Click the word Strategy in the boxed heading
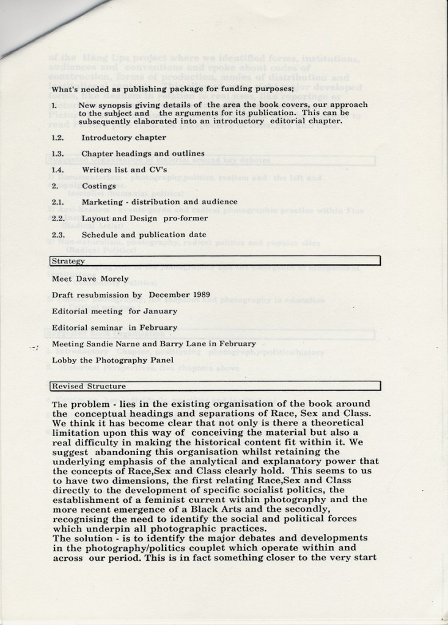pyautogui.click(x=67, y=261)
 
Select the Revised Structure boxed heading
pyautogui.click(x=89, y=386)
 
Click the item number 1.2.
pyautogui.click(x=58, y=137)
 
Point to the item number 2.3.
pyautogui.click(x=58, y=235)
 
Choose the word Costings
pyautogui.click(x=98, y=186)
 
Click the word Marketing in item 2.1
pyautogui.click(x=103, y=202)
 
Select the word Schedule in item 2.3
pyautogui.click(x=100, y=235)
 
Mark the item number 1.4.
pyautogui.click(x=58, y=170)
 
